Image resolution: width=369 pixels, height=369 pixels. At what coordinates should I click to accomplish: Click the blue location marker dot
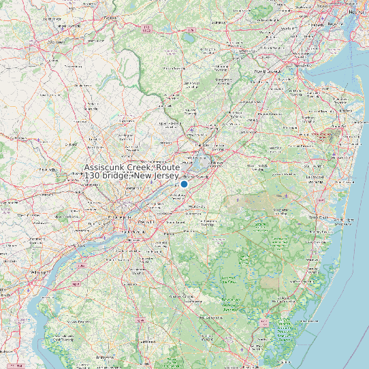[184, 184]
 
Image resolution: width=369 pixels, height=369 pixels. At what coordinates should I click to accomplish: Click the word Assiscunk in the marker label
[108, 167]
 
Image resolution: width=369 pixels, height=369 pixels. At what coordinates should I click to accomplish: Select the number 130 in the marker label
[93, 176]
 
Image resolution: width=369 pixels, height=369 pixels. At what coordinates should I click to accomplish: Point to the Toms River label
[319, 216]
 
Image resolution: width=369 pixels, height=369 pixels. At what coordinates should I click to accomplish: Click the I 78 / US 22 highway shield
[146, 30]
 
